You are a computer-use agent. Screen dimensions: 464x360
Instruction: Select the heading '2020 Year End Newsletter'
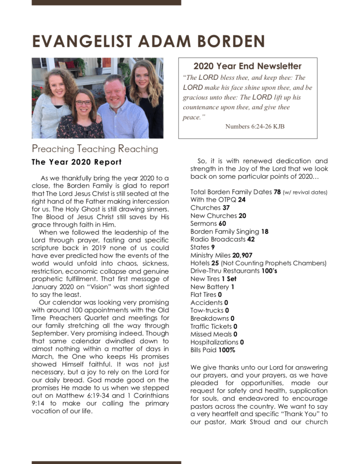tap(247, 66)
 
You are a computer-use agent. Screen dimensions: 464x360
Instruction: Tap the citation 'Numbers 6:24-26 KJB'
tap(255, 126)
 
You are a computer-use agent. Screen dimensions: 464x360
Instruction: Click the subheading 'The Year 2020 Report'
tap(76, 162)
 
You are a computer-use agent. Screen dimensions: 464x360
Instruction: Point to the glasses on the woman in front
tap(83, 103)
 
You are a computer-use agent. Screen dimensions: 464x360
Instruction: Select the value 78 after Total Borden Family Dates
tap(277, 192)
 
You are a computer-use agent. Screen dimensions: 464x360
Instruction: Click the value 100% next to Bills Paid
tap(227, 350)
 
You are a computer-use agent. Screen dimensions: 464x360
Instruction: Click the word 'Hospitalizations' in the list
tap(214, 342)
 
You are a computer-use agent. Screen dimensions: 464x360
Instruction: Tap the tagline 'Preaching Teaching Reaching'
tap(95, 149)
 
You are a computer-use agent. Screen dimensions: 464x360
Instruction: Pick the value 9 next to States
tap(213, 247)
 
